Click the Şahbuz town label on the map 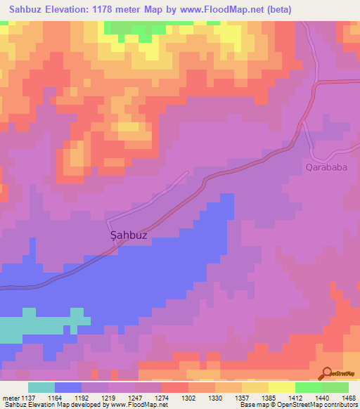pyautogui.click(x=129, y=235)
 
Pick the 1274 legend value pyautogui.click(x=161, y=398)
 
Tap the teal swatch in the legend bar pyautogui.click(x=41, y=387)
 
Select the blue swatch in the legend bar pyautogui.click(x=68, y=387)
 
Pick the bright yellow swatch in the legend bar pyautogui.click(x=282, y=387)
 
